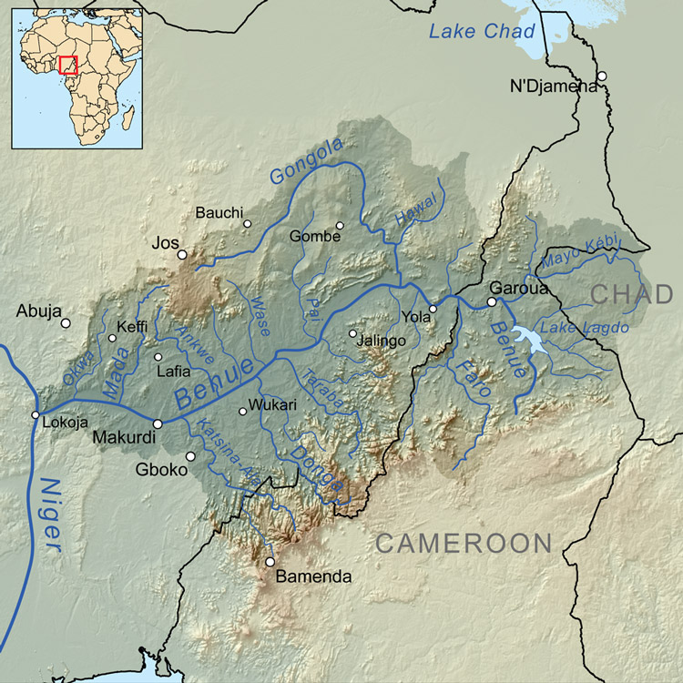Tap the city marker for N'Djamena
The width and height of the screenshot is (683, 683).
pyautogui.click(x=601, y=76)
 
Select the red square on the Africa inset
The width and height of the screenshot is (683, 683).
pyautogui.click(x=67, y=65)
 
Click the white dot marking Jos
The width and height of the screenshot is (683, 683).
pyautogui.click(x=182, y=255)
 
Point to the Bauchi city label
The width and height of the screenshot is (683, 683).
pyautogui.click(x=219, y=212)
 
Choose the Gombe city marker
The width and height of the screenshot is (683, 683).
pyautogui.click(x=340, y=226)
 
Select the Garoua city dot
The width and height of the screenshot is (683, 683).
pyautogui.click(x=492, y=302)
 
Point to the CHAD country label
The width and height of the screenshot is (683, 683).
pyautogui.click(x=632, y=294)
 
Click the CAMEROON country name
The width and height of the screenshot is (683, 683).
pyautogui.click(x=464, y=544)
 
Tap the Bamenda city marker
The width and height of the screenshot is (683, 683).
pyautogui.click(x=270, y=562)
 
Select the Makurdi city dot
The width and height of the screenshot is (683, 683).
pyautogui.click(x=158, y=423)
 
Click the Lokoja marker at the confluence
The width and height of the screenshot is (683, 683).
pyautogui.click(x=36, y=415)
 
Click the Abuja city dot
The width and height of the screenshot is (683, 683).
pyautogui.click(x=66, y=322)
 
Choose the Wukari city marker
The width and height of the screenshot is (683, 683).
pyautogui.click(x=242, y=412)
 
